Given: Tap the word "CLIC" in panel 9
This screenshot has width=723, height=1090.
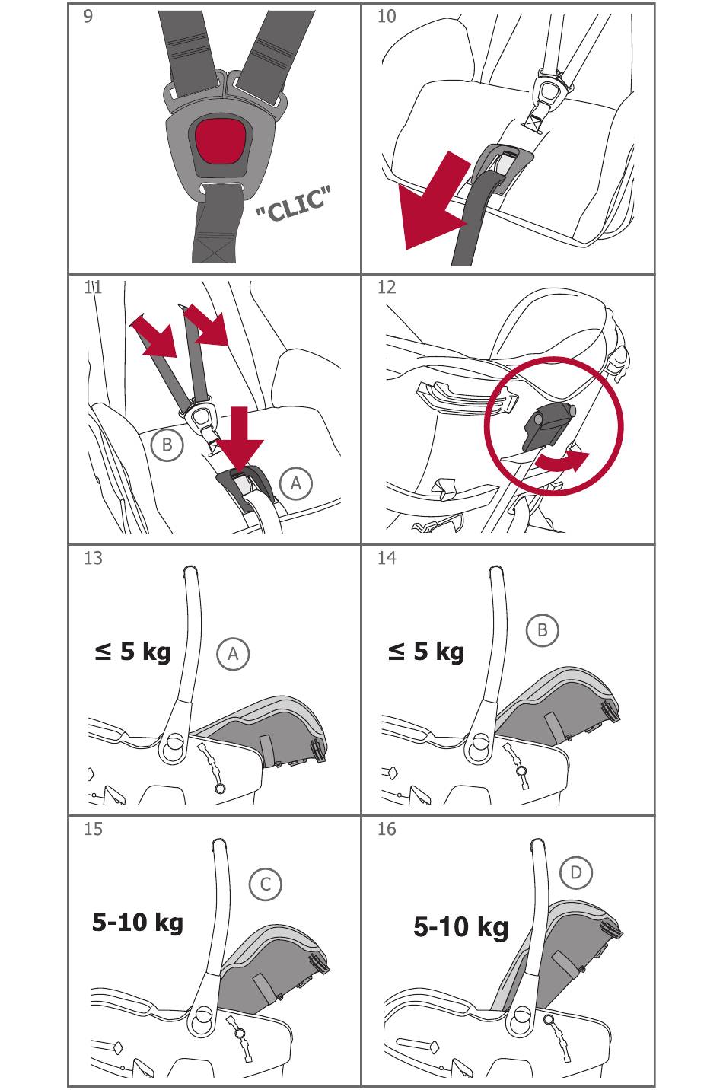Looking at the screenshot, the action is click(293, 203).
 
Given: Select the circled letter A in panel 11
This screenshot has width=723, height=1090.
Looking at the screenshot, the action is click(296, 483).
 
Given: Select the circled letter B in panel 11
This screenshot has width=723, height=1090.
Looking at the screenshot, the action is click(167, 445).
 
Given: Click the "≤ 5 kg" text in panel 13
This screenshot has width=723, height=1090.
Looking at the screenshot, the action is click(132, 652).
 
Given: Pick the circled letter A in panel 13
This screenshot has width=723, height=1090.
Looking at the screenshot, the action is click(233, 654).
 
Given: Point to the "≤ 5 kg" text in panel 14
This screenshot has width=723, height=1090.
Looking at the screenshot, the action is click(426, 652).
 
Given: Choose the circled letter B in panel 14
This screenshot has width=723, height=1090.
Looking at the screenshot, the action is click(543, 630).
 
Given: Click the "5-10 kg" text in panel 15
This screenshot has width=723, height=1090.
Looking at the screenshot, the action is click(138, 922).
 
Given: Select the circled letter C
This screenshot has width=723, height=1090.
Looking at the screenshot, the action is click(265, 884).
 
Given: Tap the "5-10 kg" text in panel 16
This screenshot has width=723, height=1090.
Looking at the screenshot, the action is click(460, 927).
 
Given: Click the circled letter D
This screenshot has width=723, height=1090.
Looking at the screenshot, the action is click(576, 872).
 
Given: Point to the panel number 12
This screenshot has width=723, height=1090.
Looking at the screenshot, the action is click(387, 287).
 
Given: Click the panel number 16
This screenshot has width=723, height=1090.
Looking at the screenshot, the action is click(387, 829).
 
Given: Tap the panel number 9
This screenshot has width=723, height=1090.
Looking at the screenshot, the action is click(88, 16).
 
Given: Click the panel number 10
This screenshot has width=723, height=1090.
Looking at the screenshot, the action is click(387, 16).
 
